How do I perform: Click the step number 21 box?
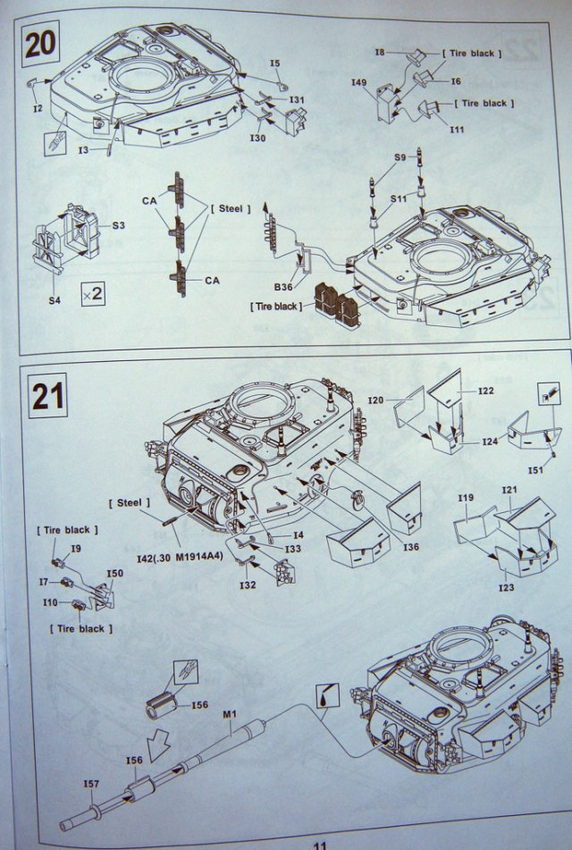(x=47, y=395)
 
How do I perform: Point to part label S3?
(x=118, y=225)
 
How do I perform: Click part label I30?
(x=258, y=138)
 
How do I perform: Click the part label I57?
(x=91, y=783)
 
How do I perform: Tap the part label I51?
(x=536, y=469)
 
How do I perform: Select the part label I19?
(x=465, y=498)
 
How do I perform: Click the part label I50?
(x=114, y=573)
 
